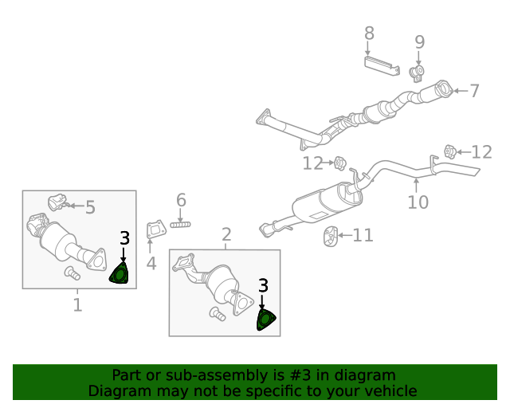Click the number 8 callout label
pyautogui.click(x=369, y=33)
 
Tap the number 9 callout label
pyautogui.click(x=419, y=42)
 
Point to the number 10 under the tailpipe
pyautogui.click(x=418, y=202)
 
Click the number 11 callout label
pyautogui.click(x=363, y=235)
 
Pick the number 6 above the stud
pyautogui.click(x=181, y=200)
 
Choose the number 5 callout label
pyautogui.click(x=90, y=207)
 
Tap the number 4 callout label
pyautogui.click(x=151, y=262)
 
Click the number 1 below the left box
pyautogui.click(x=77, y=304)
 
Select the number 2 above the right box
pyautogui.click(x=226, y=234)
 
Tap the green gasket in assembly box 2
pyautogui.click(x=265, y=320)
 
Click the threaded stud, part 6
pyautogui.click(x=181, y=225)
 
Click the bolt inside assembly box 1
pyautogui.click(x=73, y=273)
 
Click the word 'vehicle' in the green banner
pyautogui.click(x=386, y=391)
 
